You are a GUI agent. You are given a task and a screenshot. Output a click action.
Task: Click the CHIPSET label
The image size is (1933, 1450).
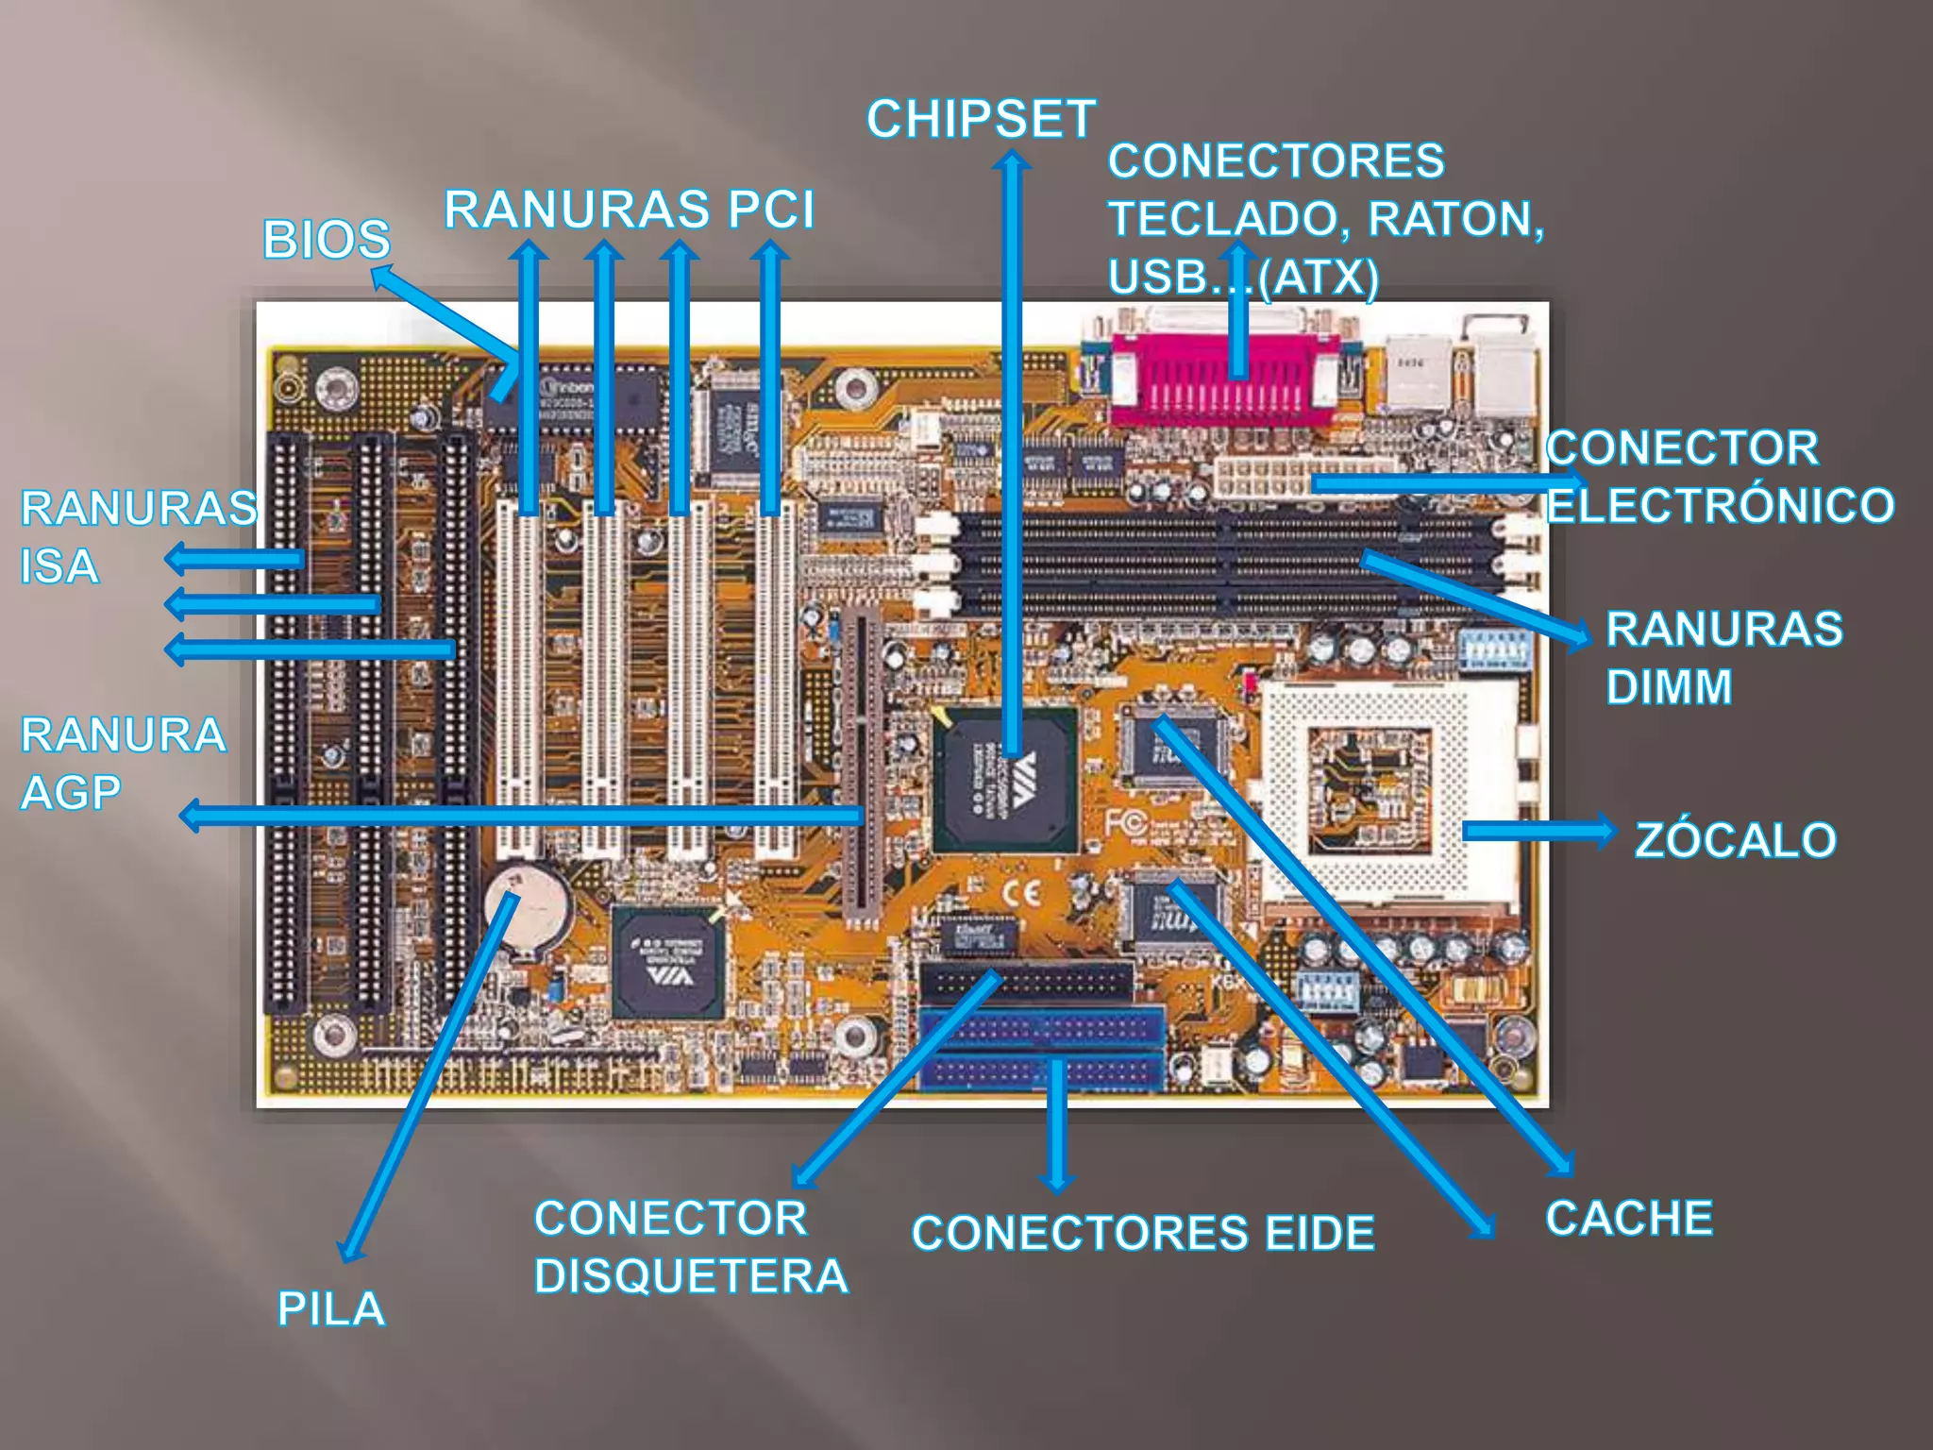[x=981, y=120]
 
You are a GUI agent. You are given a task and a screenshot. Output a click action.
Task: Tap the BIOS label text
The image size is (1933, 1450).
[x=327, y=240]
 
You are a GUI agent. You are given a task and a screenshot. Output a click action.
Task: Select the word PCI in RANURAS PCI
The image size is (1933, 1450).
[x=770, y=210]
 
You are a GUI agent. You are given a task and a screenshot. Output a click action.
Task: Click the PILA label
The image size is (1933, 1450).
[x=330, y=1309]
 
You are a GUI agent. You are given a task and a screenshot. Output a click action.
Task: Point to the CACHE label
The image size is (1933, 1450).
[x=1629, y=1218]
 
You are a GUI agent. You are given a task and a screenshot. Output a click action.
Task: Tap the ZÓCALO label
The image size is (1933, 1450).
[x=1735, y=840]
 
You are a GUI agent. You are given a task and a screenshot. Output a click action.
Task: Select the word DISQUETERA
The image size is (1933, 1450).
[x=691, y=1276]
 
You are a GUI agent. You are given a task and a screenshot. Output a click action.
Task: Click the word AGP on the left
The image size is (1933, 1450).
[x=71, y=793]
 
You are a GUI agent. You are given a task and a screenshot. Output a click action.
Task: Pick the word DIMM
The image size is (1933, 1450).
[x=1669, y=687]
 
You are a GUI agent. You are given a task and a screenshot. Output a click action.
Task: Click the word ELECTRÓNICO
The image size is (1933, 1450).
[x=1720, y=506]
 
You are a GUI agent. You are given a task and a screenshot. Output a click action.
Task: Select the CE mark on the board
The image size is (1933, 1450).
[x=1021, y=893]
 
